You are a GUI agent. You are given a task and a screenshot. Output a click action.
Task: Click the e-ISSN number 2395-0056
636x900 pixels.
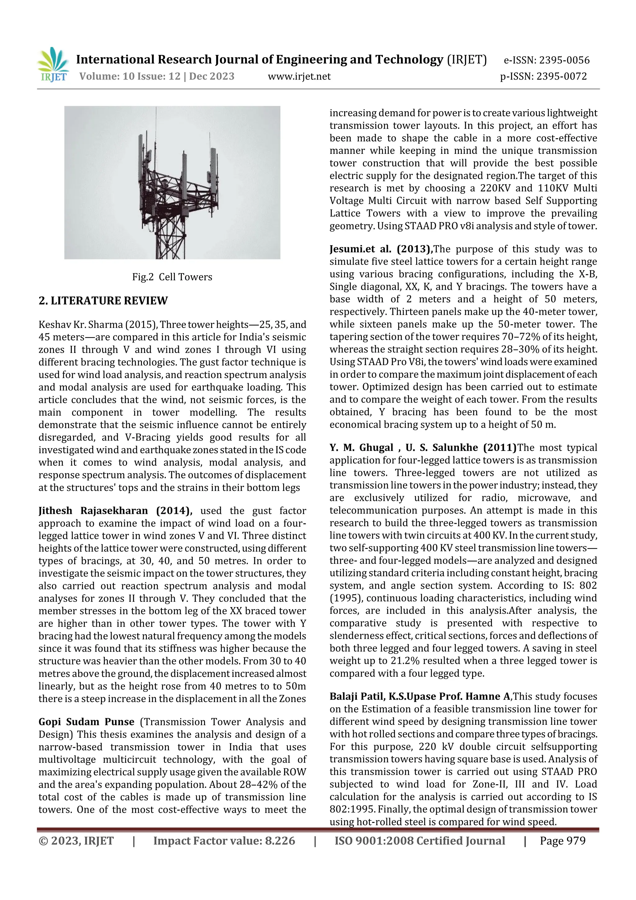(x=564, y=60)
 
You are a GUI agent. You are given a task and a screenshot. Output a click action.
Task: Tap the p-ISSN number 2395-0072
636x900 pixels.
(x=561, y=76)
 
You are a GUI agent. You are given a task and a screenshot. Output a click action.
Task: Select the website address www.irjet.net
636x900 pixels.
(x=299, y=76)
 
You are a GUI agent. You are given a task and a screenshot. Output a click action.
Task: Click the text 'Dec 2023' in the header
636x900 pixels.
(x=211, y=76)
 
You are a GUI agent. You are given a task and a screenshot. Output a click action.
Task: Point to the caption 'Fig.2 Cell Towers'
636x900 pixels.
(x=172, y=277)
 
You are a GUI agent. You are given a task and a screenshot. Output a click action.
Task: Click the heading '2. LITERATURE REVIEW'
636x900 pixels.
(x=103, y=301)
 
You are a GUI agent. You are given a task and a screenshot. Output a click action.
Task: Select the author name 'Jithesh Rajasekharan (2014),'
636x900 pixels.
(x=115, y=511)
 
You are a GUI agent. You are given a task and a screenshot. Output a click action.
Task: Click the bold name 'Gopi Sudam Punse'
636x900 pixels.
(x=86, y=722)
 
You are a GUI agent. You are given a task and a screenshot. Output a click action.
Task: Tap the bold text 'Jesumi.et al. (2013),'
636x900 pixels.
(x=381, y=249)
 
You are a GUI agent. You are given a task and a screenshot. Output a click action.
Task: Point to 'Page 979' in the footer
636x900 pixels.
(x=562, y=841)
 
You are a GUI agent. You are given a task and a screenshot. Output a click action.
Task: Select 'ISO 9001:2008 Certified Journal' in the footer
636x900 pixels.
(x=420, y=841)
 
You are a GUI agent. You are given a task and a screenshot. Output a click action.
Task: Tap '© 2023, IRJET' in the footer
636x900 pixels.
(x=76, y=841)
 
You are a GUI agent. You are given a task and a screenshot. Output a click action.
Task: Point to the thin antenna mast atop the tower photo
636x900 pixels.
(x=156, y=121)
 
